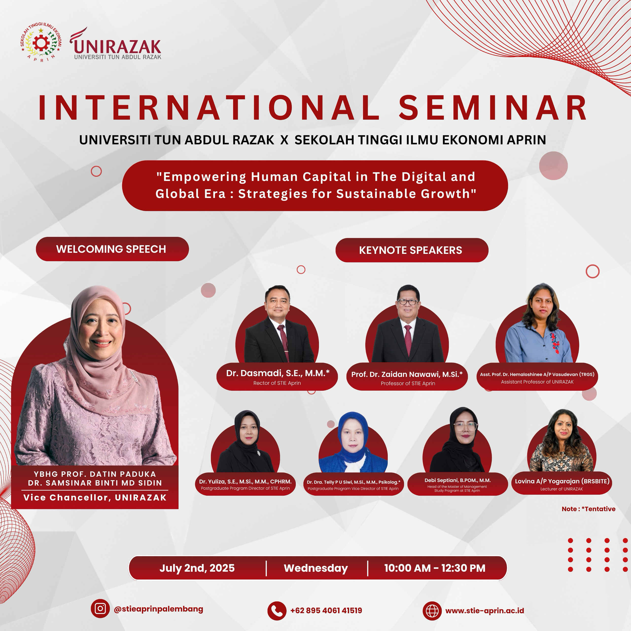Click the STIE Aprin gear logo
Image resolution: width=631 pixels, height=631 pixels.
click(x=41, y=42)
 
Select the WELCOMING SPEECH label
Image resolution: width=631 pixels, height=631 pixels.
click(x=111, y=249)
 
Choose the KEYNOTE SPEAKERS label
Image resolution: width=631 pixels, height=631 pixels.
click(x=411, y=250)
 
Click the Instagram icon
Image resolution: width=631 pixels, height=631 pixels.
click(x=100, y=609)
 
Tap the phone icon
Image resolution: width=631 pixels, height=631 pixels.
click(x=277, y=611)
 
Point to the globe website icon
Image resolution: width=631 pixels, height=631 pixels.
click(x=432, y=611)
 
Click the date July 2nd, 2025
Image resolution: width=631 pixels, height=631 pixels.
click(x=197, y=568)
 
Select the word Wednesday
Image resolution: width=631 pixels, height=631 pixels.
click(x=316, y=568)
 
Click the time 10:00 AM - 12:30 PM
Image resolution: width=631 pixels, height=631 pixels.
click(x=435, y=568)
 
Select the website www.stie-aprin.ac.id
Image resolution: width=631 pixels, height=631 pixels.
click(x=485, y=611)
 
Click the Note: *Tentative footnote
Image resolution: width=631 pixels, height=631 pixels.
click(x=589, y=509)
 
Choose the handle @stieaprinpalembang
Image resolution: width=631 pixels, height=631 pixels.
click(x=158, y=609)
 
